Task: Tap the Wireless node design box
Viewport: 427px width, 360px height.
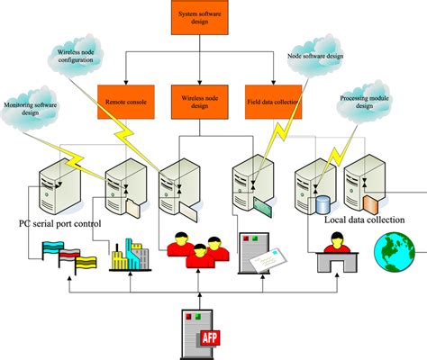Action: pyautogui.click(x=200, y=100)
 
